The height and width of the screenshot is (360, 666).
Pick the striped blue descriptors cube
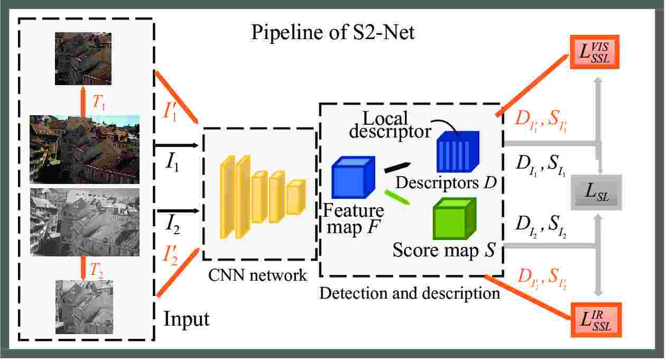[457, 152]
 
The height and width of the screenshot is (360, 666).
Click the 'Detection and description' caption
[410, 293]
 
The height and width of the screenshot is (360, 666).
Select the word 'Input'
[187, 319]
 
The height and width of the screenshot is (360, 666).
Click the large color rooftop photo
[85, 149]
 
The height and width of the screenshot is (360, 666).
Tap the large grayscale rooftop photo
[85, 221]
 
